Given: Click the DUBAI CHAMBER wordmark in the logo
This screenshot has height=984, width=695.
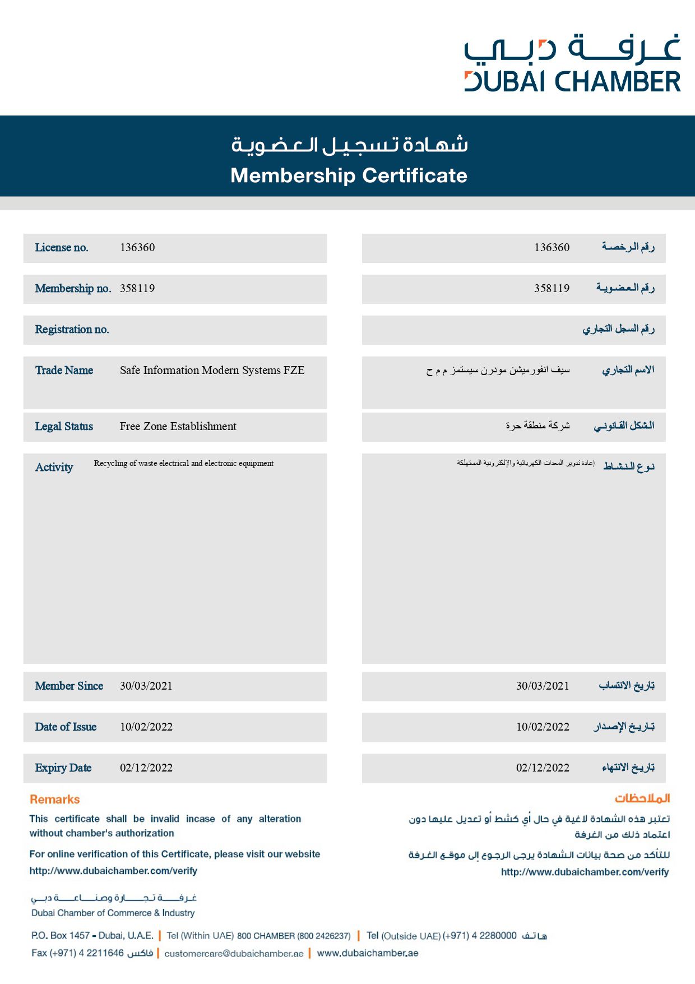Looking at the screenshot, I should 572,82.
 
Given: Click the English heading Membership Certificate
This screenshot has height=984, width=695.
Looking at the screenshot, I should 349,175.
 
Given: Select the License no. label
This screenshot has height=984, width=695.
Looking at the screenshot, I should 62,248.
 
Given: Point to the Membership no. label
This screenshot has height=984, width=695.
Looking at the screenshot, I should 73,289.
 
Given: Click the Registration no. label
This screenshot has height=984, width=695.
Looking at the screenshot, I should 72,330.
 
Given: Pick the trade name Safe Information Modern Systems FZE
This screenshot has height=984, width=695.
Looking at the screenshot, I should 212,370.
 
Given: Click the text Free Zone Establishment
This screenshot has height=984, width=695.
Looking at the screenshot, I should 178,426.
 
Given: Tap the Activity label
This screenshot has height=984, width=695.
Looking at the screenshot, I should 54,468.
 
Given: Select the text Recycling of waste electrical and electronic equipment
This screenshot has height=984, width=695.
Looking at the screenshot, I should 184,463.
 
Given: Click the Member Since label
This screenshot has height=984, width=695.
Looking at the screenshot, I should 69,686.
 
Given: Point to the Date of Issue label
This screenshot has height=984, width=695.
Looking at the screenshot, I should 66,727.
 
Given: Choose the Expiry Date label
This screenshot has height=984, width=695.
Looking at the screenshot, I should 63,768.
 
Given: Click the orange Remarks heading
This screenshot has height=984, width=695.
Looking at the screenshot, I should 54,800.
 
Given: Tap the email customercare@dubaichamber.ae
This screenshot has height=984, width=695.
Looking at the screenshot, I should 234,953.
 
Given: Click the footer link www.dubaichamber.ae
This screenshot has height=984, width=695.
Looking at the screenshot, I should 368,953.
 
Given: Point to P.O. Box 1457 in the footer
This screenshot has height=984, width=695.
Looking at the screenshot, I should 61,935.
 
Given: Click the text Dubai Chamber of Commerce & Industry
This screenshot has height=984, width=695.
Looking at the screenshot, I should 113,913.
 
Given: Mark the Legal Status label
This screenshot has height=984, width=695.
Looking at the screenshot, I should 64,426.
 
